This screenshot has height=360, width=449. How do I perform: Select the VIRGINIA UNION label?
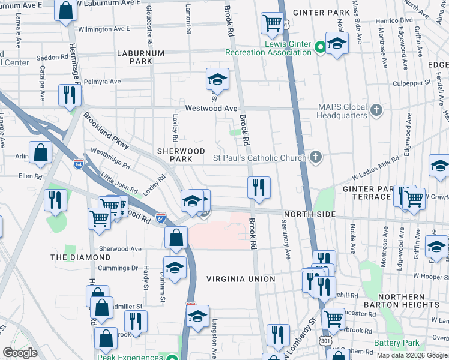click(x=241, y=279)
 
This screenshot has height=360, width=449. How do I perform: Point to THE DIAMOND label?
click(x=74, y=257)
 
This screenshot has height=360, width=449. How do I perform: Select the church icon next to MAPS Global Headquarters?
click(x=376, y=110)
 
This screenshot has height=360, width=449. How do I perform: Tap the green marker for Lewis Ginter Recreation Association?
click(x=321, y=46)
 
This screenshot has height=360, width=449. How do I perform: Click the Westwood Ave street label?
click(x=211, y=109)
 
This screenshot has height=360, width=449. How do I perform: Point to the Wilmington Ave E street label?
click(x=104, y=29)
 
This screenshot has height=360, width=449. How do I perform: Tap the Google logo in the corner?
click(x=20, y=353)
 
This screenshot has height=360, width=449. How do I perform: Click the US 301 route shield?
click(x=325, y=341)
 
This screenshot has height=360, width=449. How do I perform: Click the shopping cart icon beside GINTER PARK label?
click(x=272, y=23)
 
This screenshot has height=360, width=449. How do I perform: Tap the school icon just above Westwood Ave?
click(x=217, y=79)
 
